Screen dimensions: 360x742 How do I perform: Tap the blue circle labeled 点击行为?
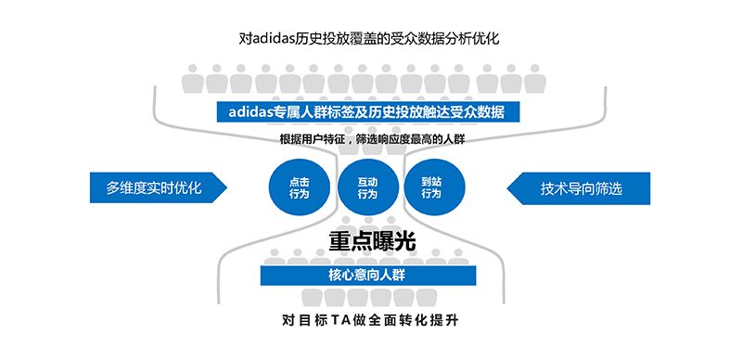(300, 188)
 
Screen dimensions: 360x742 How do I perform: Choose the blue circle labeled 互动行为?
(367, 188)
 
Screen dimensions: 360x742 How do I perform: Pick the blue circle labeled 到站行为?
(431, 188)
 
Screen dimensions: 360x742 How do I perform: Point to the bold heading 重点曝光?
(372, 240)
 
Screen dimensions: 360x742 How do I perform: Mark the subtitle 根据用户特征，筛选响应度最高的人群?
(372, 139)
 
